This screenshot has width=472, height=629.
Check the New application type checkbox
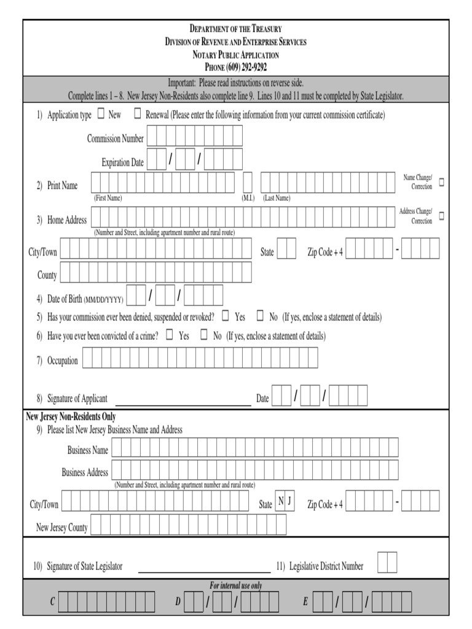point(101,114)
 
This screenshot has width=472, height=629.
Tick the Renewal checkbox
point(138,114)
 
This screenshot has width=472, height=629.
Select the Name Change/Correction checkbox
point(441,182)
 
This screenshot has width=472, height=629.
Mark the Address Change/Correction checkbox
point(441,216)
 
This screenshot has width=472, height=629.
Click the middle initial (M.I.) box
point(248,182)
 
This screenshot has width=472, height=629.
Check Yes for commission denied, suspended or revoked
point(226,316)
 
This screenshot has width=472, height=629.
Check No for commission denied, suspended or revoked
point(260,316)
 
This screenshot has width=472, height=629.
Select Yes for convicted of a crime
point(170,335)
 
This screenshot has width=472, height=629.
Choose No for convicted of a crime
point(204,335)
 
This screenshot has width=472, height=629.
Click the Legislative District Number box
point(387,562)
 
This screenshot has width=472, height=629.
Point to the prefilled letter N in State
point(281,501)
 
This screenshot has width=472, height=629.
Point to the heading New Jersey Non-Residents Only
point(71,416)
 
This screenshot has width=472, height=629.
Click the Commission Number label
point(115,138)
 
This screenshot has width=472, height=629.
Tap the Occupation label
point(63,361)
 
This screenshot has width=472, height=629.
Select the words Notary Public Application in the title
point(235,55)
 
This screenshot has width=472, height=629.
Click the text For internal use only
point(235,585)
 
